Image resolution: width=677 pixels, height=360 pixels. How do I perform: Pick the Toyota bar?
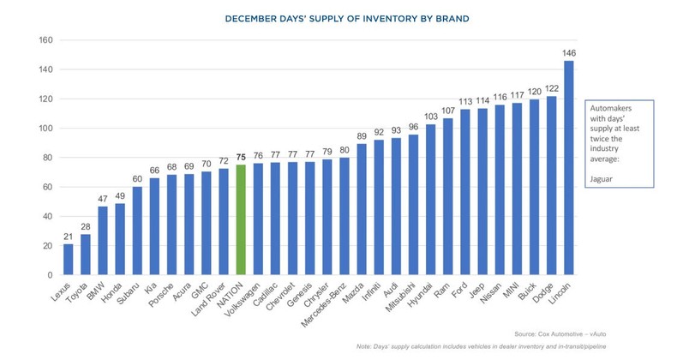pos(87,255)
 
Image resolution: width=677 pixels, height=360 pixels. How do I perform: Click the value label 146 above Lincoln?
pos(568,53)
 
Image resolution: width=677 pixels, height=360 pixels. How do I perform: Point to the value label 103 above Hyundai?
pos(430,117)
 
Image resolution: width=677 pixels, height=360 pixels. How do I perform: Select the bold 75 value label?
pos(241,158)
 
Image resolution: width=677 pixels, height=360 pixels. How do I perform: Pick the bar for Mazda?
pos(360,209)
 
